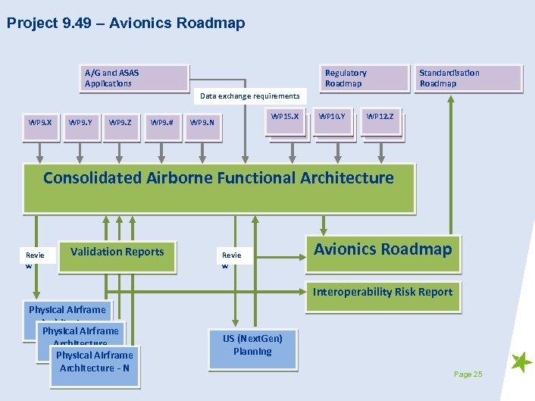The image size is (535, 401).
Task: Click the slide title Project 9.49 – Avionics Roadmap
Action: click(126, 23)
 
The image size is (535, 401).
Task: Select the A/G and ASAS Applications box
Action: click(134, 78)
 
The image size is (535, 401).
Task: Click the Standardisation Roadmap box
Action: click(468, 78)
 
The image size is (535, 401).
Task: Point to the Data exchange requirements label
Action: click(249, 96)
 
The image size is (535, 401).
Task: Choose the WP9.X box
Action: click(40, 122)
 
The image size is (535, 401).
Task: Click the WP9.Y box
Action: click(80, 122)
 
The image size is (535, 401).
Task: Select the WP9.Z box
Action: click(120, 122)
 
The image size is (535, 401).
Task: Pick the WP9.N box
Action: click(202, 123)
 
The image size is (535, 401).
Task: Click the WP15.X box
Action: click(286, 117)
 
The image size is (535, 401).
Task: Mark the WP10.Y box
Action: click(332, 117)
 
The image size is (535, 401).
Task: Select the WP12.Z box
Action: click(380, 117)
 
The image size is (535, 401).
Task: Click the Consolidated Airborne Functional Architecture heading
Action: click(218, 179)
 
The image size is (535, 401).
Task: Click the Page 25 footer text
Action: click(468, 374)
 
